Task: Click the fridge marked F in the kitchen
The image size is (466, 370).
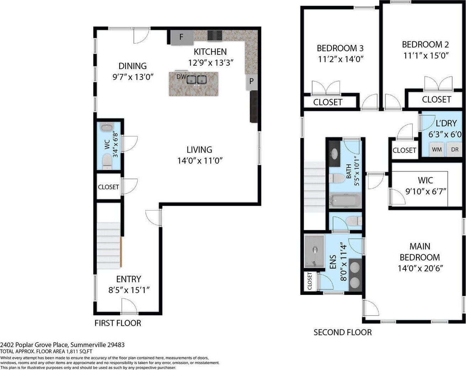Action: (182, 38)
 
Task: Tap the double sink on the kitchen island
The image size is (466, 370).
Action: (197, 79)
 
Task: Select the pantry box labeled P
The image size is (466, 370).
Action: (251, 82)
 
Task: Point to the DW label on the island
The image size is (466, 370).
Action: (181, 76)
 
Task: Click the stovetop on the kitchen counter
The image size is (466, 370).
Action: (215, 36)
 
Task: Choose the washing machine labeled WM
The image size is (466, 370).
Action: (437, 149)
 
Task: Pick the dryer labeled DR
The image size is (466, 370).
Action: (455, 149)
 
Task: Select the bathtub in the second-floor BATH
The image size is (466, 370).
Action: (345, 201)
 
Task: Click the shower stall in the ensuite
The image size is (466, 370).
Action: (314, 251)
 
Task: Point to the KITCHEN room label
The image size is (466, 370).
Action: (210, 52)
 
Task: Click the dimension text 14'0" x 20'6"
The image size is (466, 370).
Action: (420, 269)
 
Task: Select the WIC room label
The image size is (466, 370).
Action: (425, 180)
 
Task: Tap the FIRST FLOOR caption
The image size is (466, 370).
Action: (118, 323)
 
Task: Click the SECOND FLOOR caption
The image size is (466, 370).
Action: (343, 332)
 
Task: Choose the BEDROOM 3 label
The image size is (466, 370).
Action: (340, 48)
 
